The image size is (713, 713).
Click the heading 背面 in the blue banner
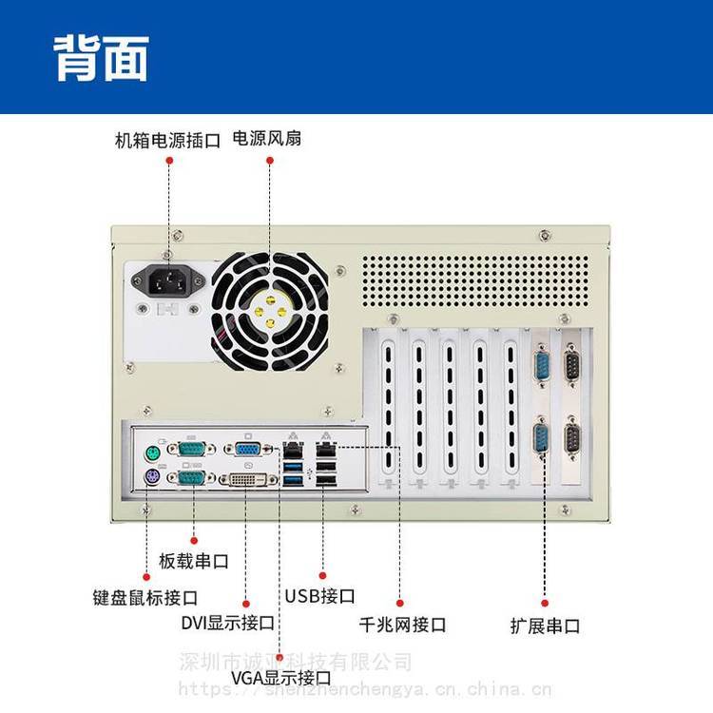point(101,59)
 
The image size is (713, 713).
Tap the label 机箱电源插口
point(167,140)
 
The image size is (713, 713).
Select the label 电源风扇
point(267,139)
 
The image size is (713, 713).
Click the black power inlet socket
point(168,280)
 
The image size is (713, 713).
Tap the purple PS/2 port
point(150,478)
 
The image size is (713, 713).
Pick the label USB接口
point(320,596)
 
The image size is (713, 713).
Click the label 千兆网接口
point(402,625)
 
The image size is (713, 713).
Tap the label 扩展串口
point(545,626)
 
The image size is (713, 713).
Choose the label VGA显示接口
point(281,679)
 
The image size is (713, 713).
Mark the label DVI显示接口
point(228,624)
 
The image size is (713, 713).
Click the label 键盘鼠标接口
point(145,598)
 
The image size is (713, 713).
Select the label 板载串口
point(194,561)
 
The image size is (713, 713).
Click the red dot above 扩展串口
point(545,602)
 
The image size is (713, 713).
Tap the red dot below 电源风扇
point(269,162)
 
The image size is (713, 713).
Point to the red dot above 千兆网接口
point(400,603)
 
